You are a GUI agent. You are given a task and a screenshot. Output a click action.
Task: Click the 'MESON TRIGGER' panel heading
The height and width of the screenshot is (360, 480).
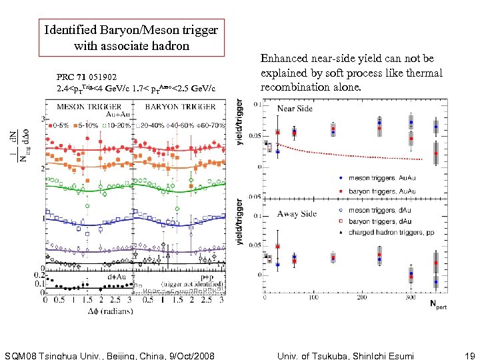pos(89,106)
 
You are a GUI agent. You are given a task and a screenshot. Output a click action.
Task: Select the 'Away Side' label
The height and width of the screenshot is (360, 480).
pos(297,213)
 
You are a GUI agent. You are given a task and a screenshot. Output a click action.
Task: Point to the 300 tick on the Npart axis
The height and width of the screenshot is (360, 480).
pos(411,298)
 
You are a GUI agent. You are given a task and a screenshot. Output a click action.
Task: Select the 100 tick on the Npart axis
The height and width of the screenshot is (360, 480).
pos(314,298)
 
